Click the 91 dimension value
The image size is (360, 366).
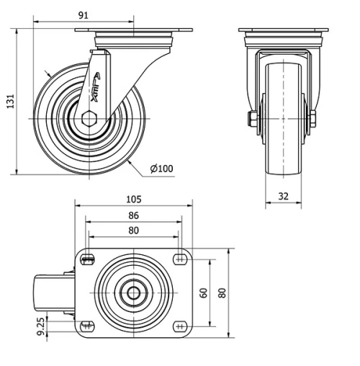coord(84,14)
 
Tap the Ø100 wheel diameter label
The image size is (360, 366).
coord(161,169)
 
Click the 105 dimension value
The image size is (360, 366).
coord(132,199)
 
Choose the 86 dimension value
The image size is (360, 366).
coord(133,215)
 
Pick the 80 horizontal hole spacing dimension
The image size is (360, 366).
coord(133,231)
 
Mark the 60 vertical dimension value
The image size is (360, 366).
coord(204,293)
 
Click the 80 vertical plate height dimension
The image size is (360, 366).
coord(222,293)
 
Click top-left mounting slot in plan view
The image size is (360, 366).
coord(89,260)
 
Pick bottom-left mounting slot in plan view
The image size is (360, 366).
coord(89,326)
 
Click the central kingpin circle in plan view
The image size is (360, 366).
coord(133,293)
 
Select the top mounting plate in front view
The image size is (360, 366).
coord(283,30)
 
